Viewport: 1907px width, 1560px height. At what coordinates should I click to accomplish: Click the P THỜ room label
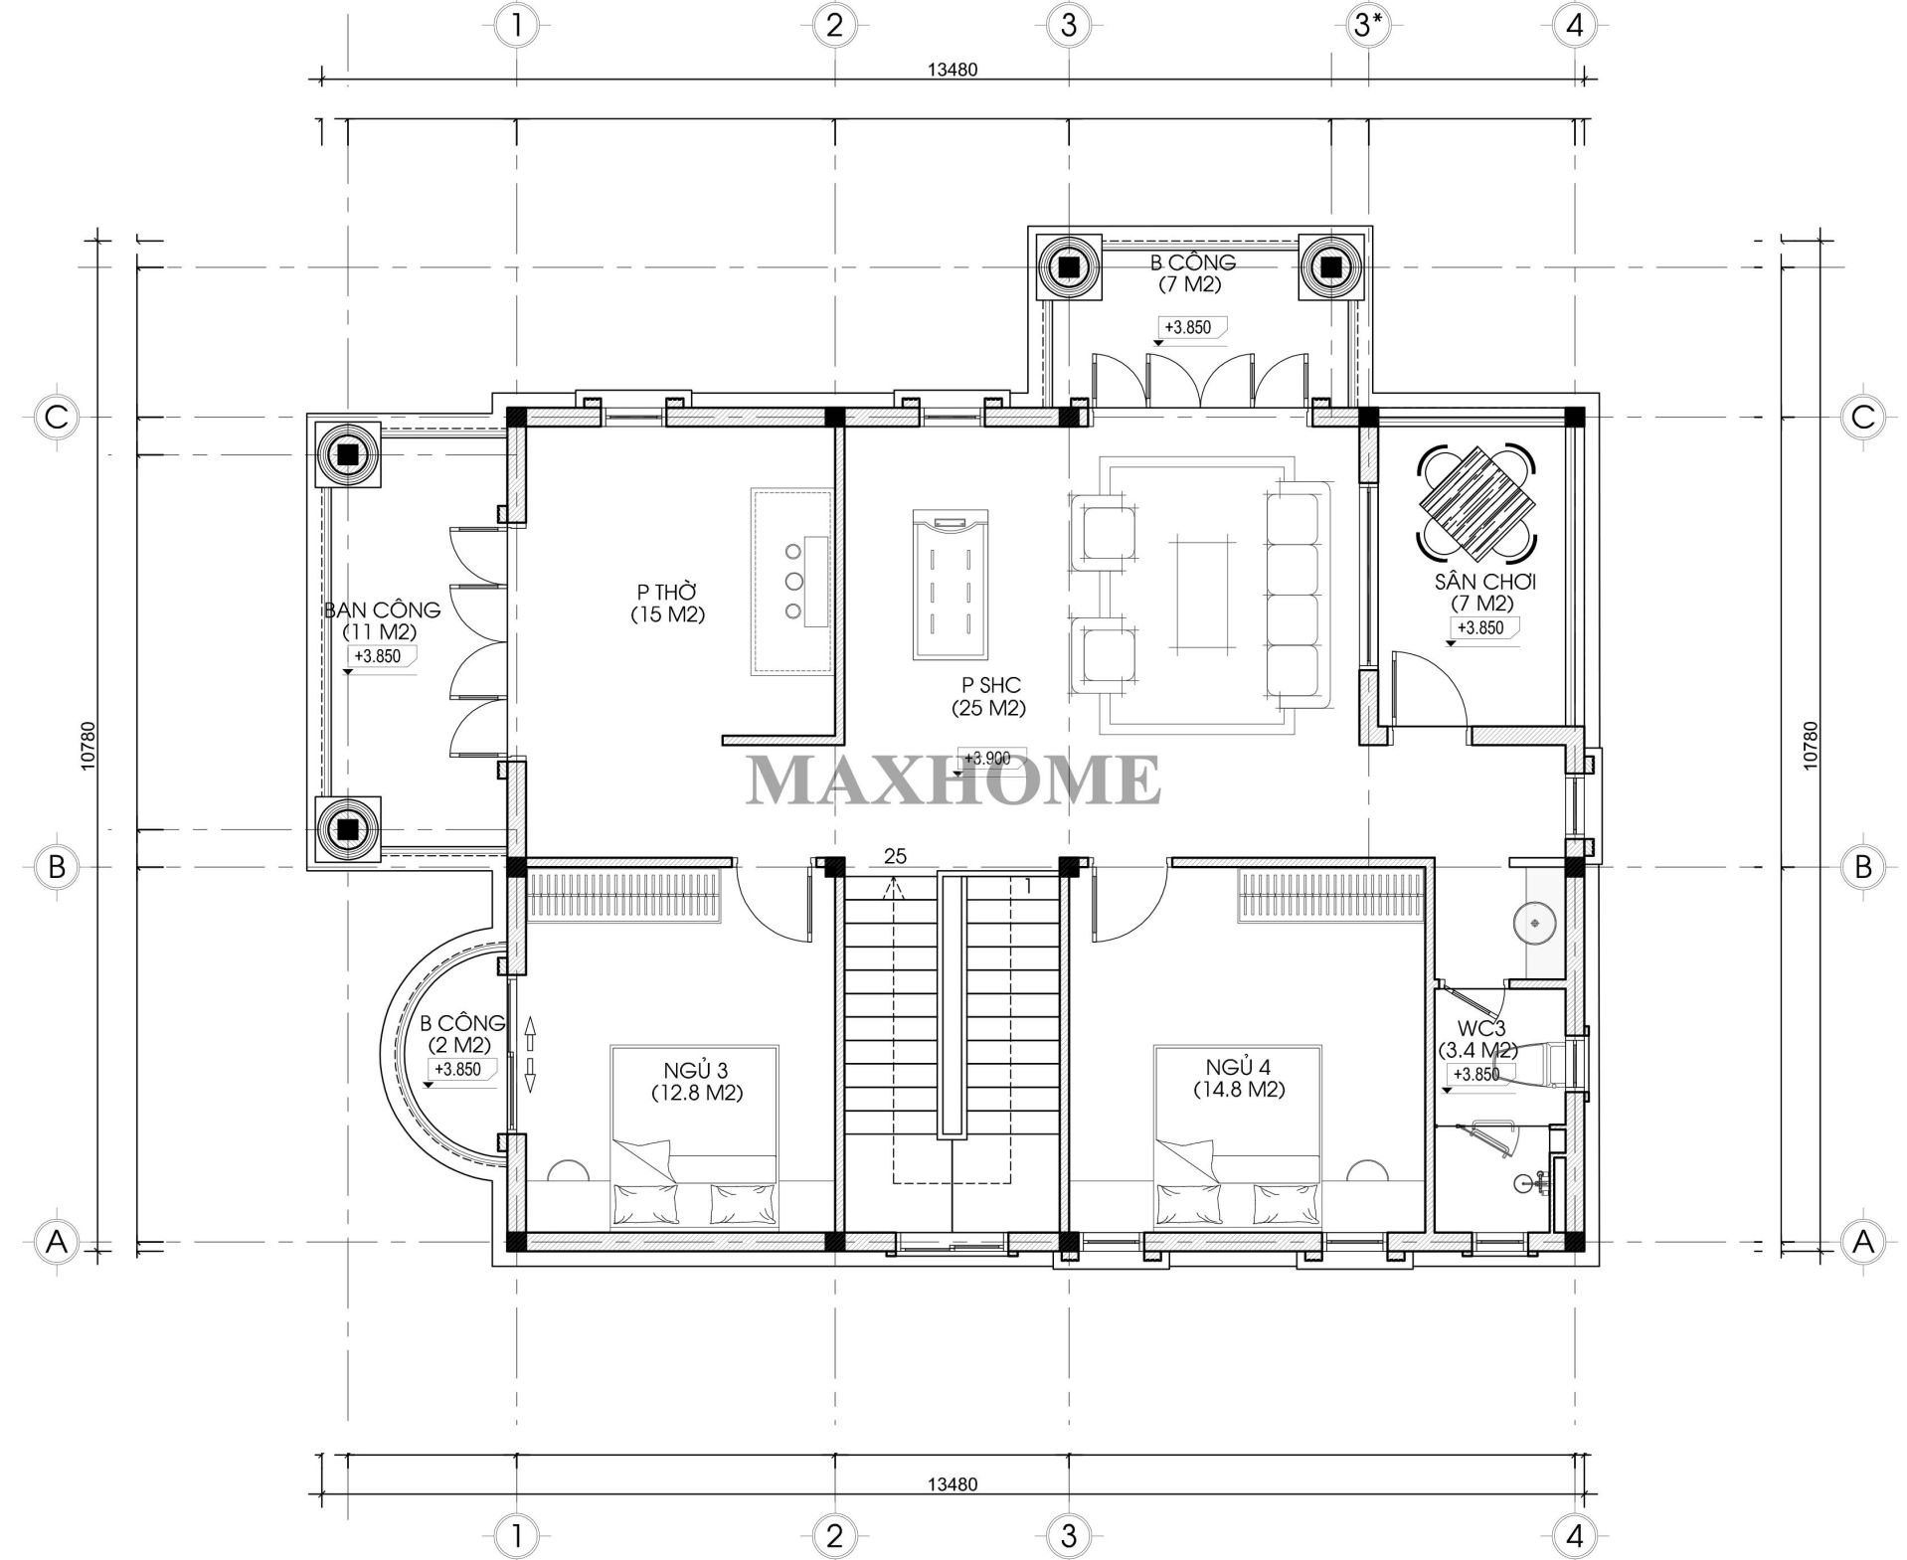point(667,604)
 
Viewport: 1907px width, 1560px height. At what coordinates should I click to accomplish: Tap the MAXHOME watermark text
point(953,780)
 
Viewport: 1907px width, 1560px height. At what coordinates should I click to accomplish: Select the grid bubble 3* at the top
point(1368,25)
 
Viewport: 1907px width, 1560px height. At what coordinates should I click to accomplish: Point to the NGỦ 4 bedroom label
point(1239,1078)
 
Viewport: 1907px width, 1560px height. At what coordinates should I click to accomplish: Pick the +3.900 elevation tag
point(988,758)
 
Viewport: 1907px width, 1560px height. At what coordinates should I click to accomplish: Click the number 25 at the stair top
point(895,856)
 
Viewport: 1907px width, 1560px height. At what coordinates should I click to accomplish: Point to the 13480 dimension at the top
point(953,69)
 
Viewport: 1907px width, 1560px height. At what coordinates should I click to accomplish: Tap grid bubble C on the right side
point(1862,418)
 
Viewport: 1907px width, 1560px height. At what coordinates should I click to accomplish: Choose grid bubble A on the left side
point(57,1241)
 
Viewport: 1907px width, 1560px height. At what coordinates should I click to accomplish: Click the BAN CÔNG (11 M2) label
point(381,620)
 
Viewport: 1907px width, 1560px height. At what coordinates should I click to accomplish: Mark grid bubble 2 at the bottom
point(833,1535)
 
